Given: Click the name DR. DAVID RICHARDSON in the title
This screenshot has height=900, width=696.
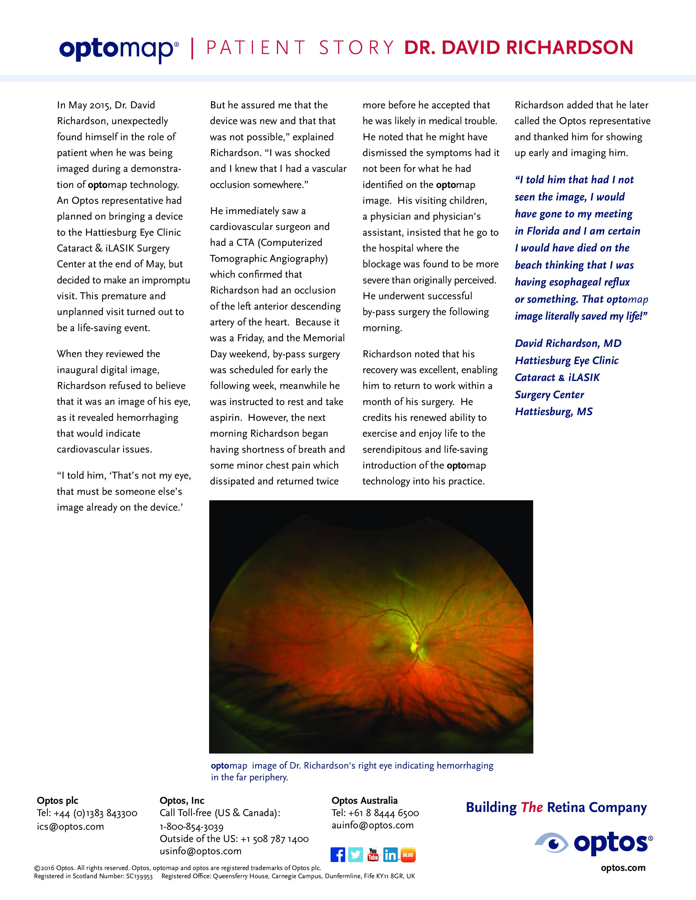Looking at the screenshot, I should tap(518, 48).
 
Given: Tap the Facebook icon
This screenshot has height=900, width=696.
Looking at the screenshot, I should tap(338, 855).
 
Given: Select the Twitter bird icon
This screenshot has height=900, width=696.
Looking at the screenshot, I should tap(355, 855).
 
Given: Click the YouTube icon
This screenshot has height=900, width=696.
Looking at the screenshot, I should tap(373, 855).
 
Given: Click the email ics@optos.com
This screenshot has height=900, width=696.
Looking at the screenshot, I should tap(70, 826).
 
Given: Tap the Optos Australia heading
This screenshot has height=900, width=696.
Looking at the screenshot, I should tap(364, 800).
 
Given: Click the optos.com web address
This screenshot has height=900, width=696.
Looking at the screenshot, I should tap(623, 868).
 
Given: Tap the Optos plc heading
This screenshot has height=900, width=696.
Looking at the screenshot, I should tap(57, 800).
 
